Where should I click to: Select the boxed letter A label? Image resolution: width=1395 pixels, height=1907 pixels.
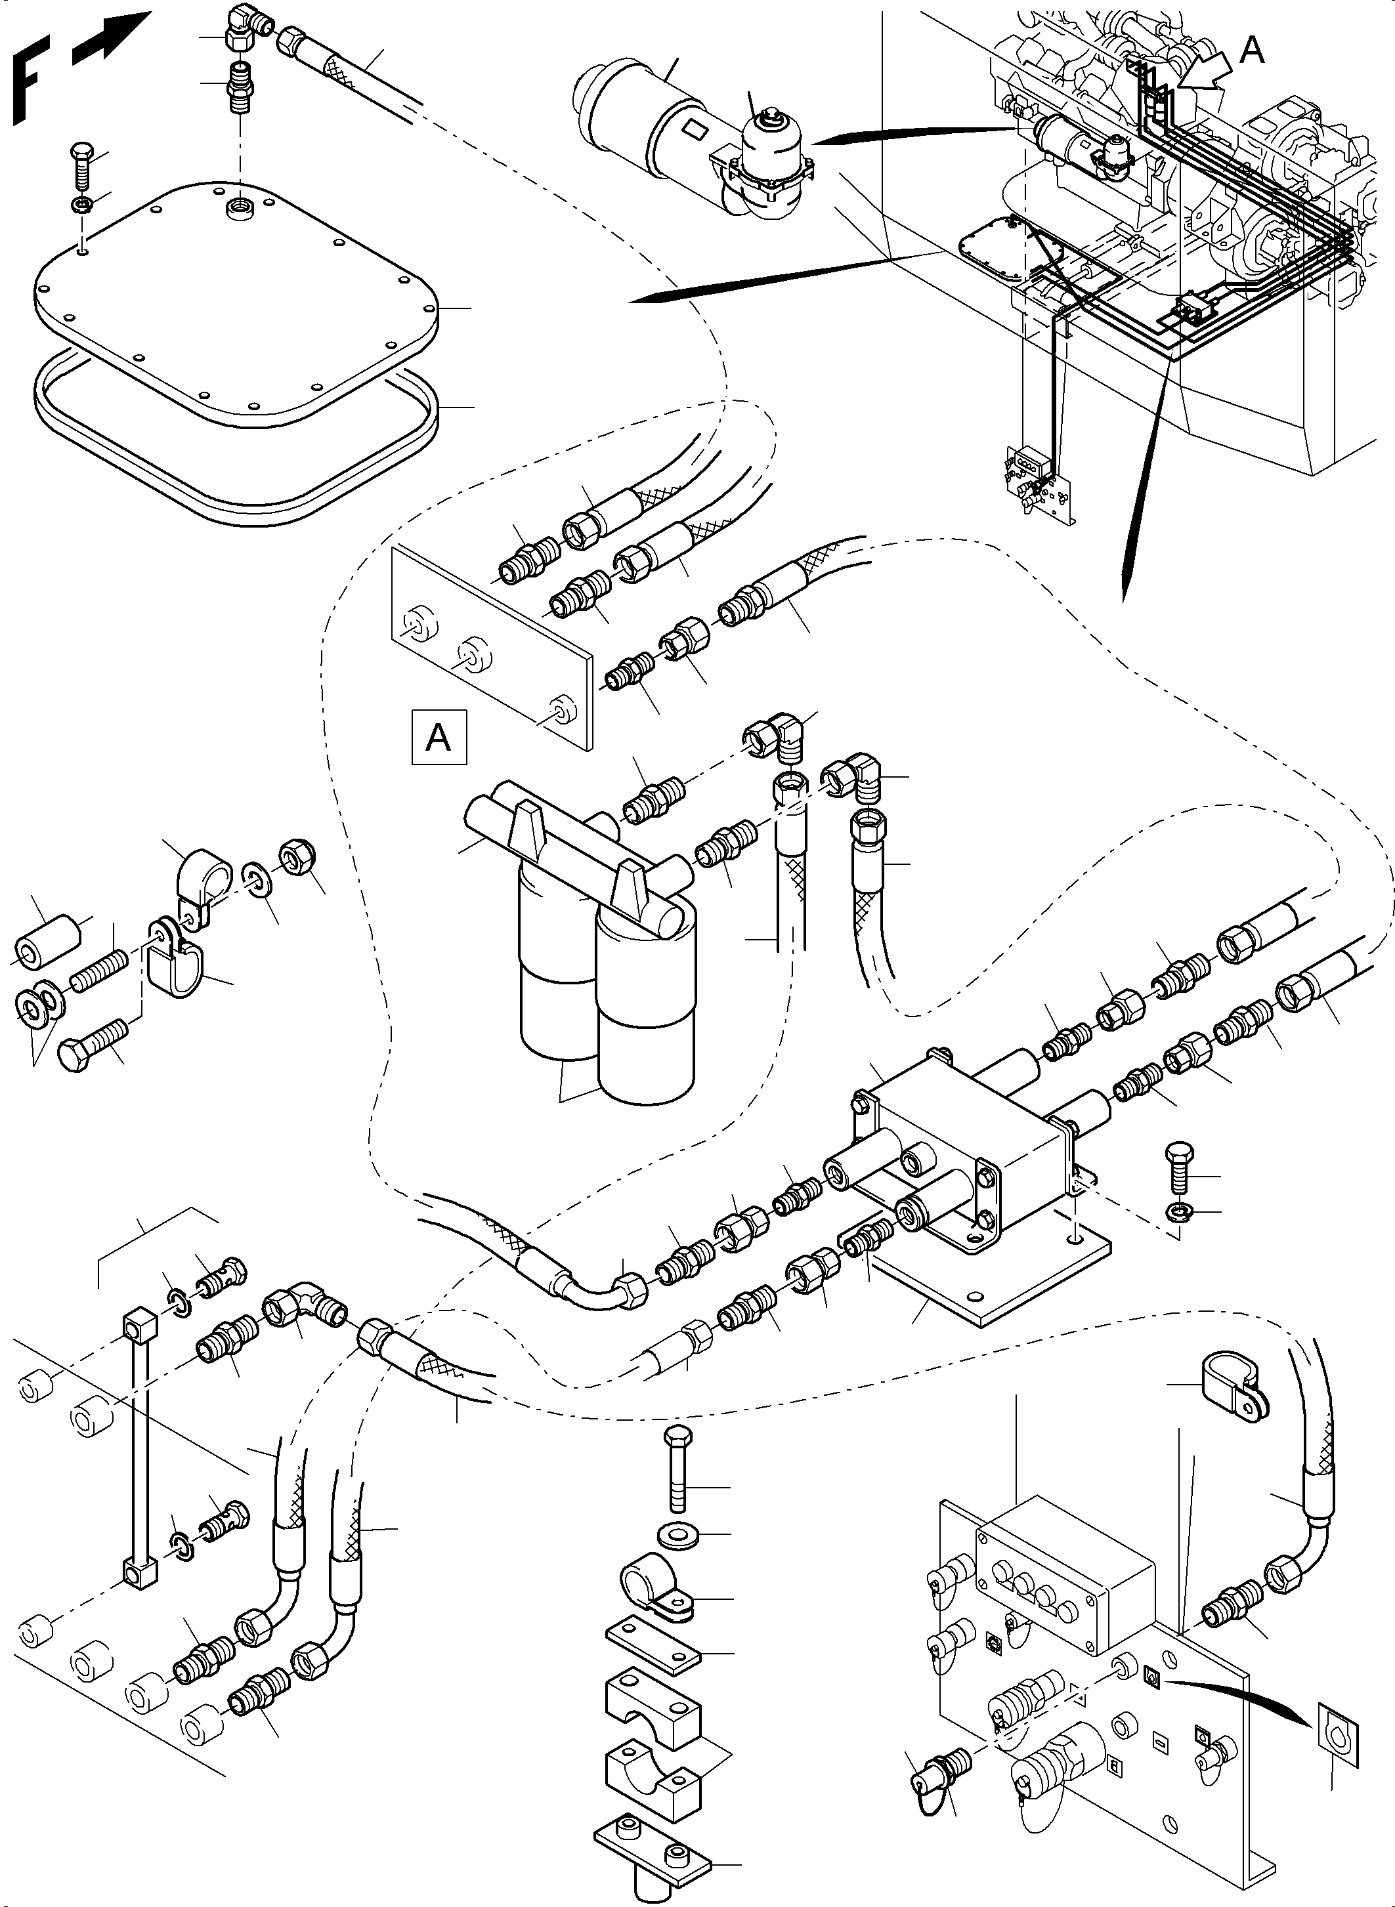(439, 738)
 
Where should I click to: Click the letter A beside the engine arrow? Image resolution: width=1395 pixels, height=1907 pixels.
(1251, 51)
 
